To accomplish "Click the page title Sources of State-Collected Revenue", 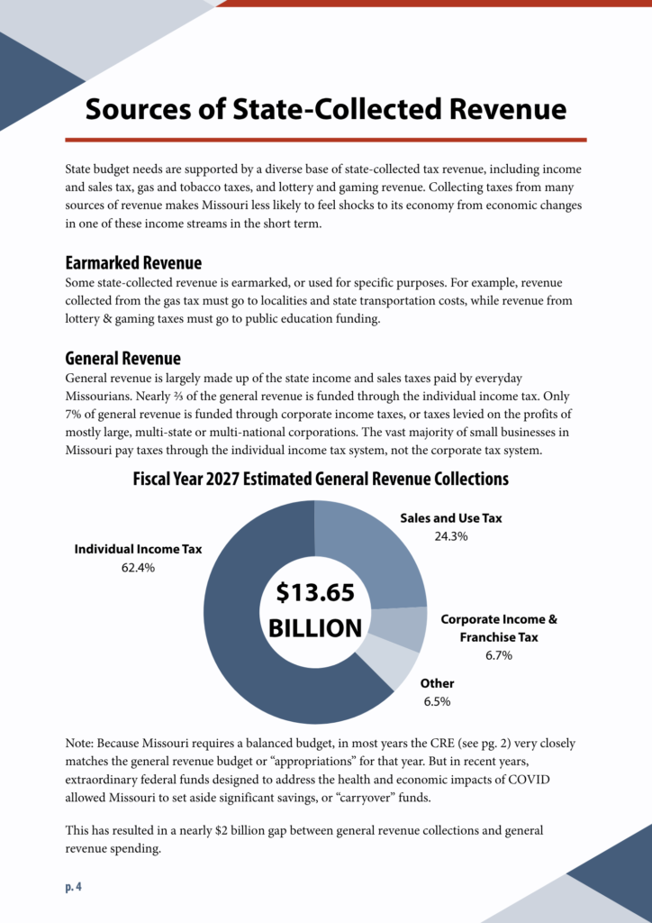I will [325, 109].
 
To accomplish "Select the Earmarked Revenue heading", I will [133, 263].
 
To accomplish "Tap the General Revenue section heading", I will [122, 359].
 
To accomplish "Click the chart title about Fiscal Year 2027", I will [321, 479].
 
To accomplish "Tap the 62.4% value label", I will [138, 568].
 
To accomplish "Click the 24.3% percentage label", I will [450, 536].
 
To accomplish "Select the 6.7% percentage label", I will [498, 655].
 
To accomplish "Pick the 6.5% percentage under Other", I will [437, 700].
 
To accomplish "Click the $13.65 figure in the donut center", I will [315, 592].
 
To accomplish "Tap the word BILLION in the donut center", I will [315, 627].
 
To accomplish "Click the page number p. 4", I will [74, 887].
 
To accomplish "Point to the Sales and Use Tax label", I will [450, 518].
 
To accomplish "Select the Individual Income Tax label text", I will [138, 549].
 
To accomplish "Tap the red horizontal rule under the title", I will [325, 140].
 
